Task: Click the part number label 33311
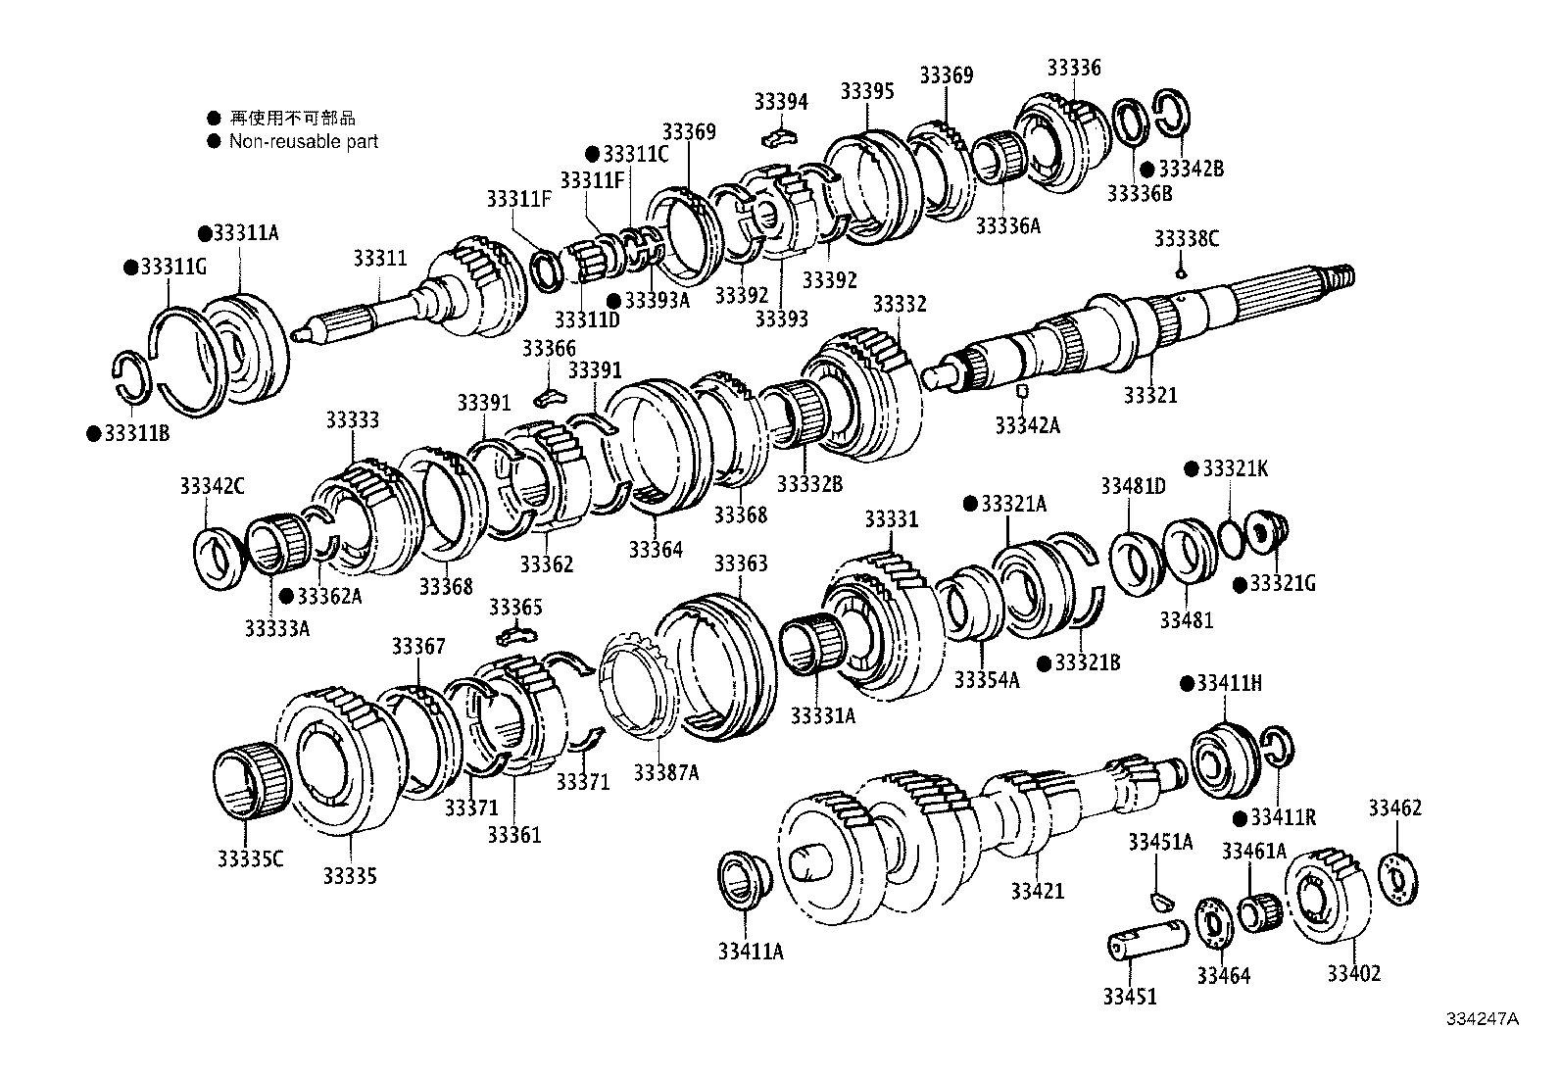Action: point(379,259)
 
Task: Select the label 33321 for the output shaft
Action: point(1149,395)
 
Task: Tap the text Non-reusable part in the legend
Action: point(303,141)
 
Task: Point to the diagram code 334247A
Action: point(1482,1018)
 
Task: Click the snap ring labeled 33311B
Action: point(132,376)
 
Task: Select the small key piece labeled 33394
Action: point(780,132)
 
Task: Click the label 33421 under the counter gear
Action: point(1037,891)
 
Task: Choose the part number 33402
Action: point(1353,973)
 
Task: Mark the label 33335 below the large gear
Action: point(350,875)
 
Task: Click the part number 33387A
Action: point(665,772)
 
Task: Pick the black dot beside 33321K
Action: point(1193,468)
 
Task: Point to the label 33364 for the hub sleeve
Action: point(656,549)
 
